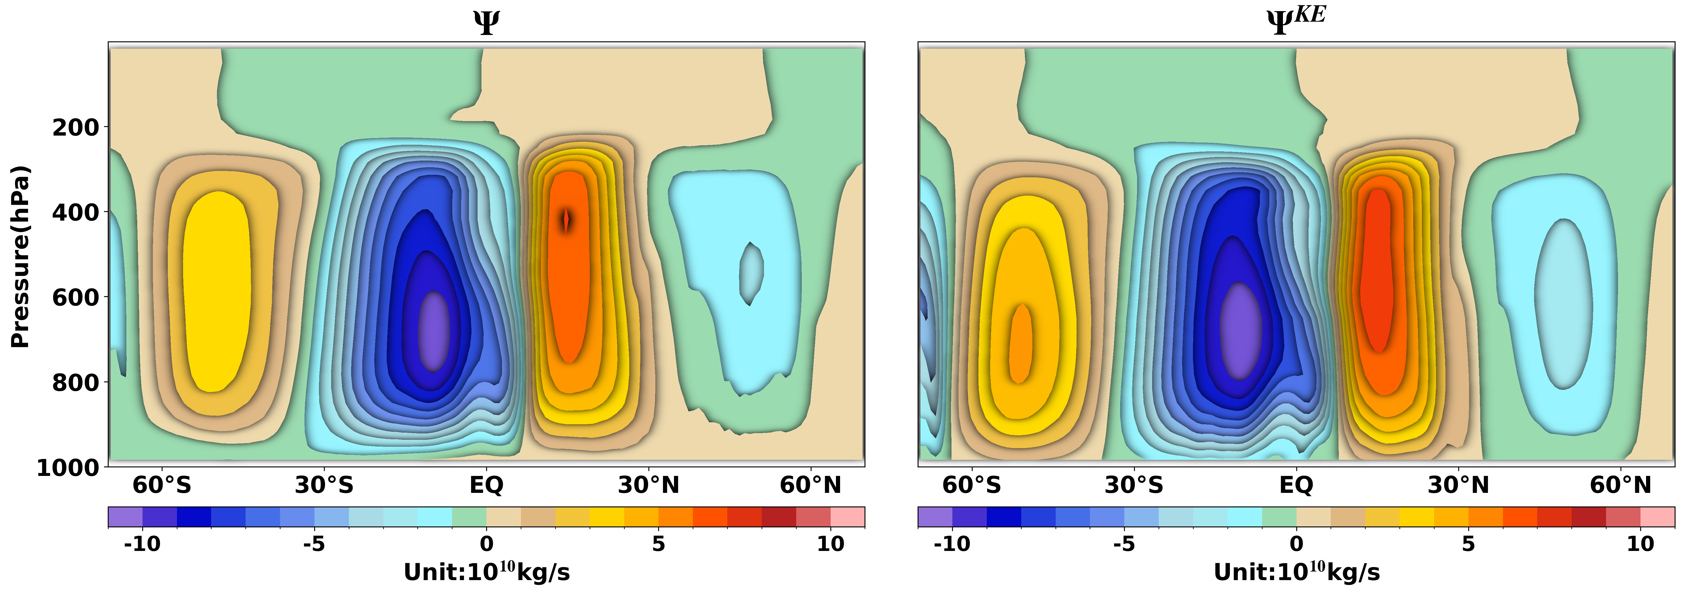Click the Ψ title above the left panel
(486, 23)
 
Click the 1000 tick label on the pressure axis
(68, 468)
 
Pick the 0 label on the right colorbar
(1296, 544)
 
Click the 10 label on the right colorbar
(1640, 544)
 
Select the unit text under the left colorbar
(486, 572)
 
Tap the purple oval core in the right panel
(1240, 330)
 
